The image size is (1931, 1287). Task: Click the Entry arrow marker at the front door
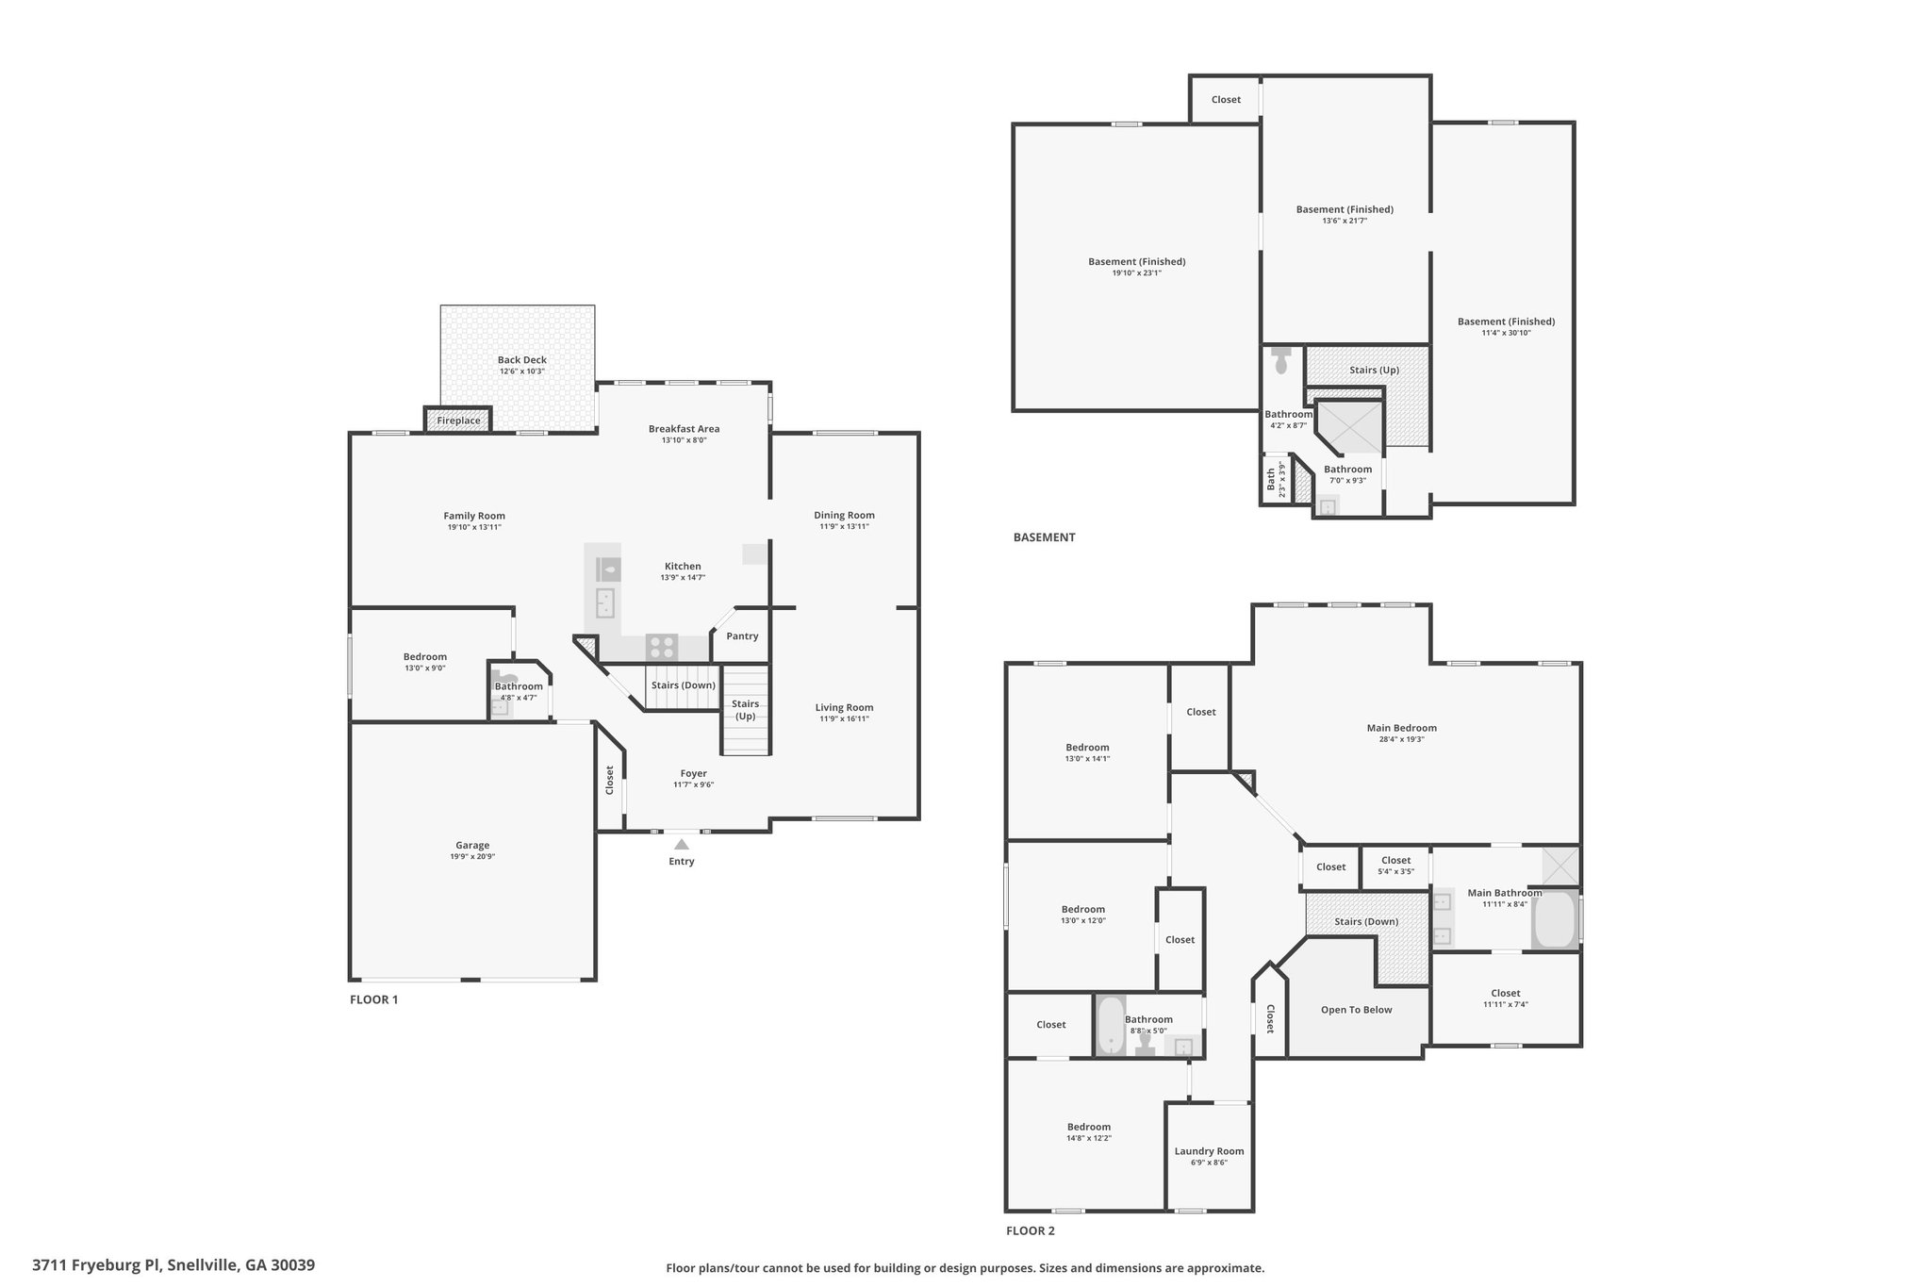click(682, 844)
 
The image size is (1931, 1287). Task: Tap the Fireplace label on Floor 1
click(458, 421)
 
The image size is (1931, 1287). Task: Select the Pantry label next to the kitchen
click(742, 636)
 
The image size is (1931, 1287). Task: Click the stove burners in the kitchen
click(661, 648)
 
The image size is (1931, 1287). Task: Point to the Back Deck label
click(522, 360)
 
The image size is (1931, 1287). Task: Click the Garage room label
click(472, 846)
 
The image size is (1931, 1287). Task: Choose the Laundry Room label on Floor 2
click(1209, 1151)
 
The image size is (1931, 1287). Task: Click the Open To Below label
click(1356, 1010)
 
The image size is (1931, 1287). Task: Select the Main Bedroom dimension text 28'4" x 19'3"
click(1401, 739)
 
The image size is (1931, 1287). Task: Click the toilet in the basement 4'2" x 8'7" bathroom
click(1281, 361)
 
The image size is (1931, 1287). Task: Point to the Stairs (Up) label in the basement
click(1374, 370)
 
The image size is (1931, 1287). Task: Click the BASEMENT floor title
click(1044, 537)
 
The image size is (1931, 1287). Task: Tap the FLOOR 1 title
click(374, 999)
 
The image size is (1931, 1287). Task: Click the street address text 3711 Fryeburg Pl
click(97, 1265)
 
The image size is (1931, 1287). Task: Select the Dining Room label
click(844, 515)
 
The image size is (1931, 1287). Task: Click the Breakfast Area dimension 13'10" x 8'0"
click(684, 440)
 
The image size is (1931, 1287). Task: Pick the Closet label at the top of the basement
click(1226, 100)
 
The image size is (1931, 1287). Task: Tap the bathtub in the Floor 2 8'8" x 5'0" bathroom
click(1111, 1026)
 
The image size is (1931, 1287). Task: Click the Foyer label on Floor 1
click(693, 774)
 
